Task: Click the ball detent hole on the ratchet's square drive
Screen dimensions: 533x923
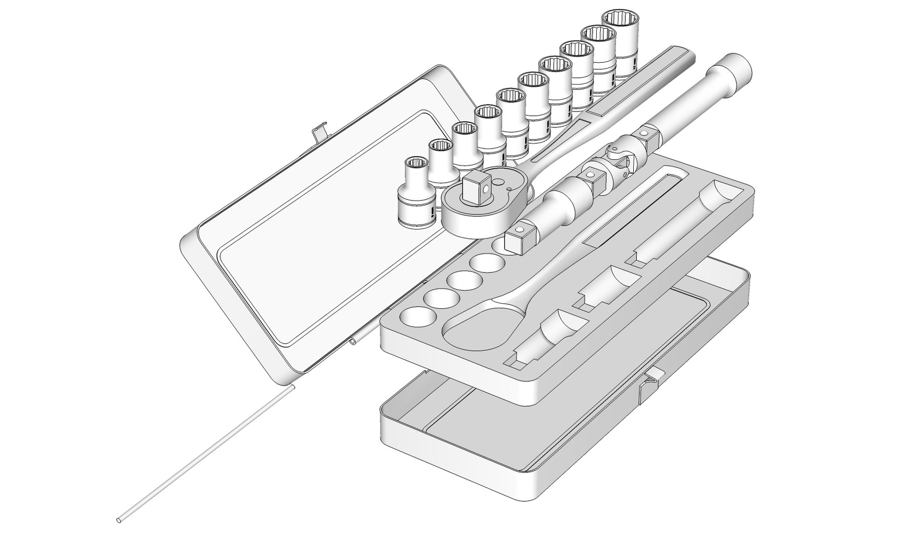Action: (x=486, y=189)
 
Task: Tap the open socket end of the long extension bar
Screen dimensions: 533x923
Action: (x=735, y=68)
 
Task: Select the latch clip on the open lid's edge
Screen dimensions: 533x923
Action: (x=318, y=132)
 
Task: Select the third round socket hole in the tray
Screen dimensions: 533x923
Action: (x=460, y=280)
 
